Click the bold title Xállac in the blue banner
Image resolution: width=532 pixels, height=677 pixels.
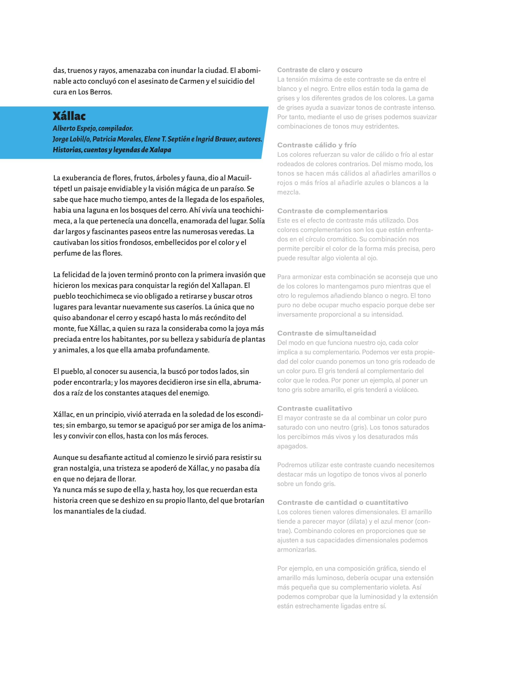69,116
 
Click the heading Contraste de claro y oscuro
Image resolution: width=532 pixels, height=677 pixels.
320,70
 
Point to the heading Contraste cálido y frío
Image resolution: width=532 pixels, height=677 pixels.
317,145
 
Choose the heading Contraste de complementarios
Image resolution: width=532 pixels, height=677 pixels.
332,211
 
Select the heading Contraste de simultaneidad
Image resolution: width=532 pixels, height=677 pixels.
326,333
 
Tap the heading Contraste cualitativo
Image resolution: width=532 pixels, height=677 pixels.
315,409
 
